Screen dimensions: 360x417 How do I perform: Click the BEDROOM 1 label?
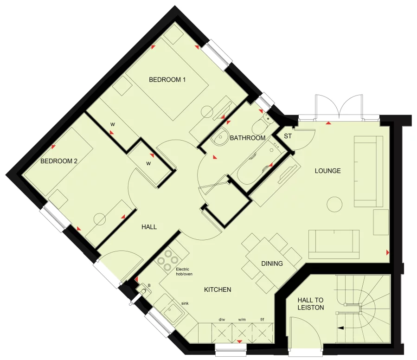pos(167,80)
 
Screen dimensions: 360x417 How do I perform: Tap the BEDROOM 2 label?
pos(58,161)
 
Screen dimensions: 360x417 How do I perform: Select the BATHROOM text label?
pos(248,138)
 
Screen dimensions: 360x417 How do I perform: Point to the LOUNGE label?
pos(327,171)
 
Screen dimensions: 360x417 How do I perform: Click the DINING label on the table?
pos(272,264)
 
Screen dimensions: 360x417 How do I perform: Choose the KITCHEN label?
pos(218,289)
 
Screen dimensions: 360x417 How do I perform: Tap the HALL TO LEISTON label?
pos(311,304)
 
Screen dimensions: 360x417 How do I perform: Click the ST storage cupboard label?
pos(288,136)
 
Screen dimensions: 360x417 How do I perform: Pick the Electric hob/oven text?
pos(184,271)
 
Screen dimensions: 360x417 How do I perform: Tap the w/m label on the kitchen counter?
pos(242,319)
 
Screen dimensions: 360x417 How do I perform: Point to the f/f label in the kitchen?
pos(262,319)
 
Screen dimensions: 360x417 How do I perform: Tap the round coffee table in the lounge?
pos(334,203)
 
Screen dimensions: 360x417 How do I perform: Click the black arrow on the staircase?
pos(341,328)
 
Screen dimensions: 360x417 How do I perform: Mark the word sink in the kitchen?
pos(185,303)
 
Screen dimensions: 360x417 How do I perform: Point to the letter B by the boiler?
pos(149,285)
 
